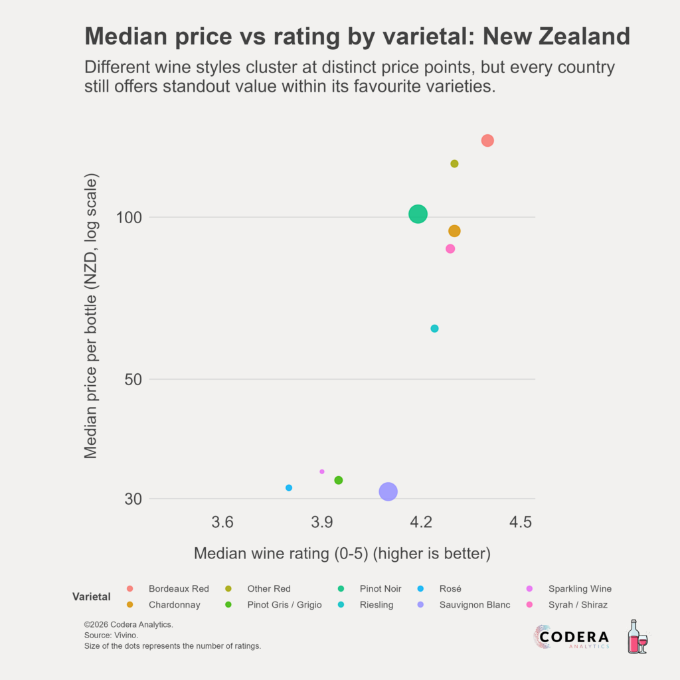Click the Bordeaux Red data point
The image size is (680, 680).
(x=487, y=140)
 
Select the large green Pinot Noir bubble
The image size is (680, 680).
(x=418, y=214)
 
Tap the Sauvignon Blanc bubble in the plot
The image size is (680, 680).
(x=388, y=491)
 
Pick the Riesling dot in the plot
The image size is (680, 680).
(x=434, y=329)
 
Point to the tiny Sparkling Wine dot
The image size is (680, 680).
(x=322, y=471)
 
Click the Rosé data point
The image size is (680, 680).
(x=289, y=488)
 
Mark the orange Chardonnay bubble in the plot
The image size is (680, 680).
(x=454, y=231)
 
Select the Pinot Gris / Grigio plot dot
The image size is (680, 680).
(x=339, y=480)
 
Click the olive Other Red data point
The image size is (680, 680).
(x=454, y=164)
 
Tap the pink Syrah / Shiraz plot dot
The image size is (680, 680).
(x=450, y=249)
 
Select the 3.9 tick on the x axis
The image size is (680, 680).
(x=322, y=523)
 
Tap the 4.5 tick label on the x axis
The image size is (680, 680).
(x=521, y=523)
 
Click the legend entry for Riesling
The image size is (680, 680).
(x=376, y=605)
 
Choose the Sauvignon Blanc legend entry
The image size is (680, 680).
(x=474, y=605)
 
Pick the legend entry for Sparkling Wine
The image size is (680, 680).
(x=579, y=589)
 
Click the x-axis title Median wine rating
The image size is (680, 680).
(x=342, y=553)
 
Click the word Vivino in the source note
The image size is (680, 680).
(x=126, y=636)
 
